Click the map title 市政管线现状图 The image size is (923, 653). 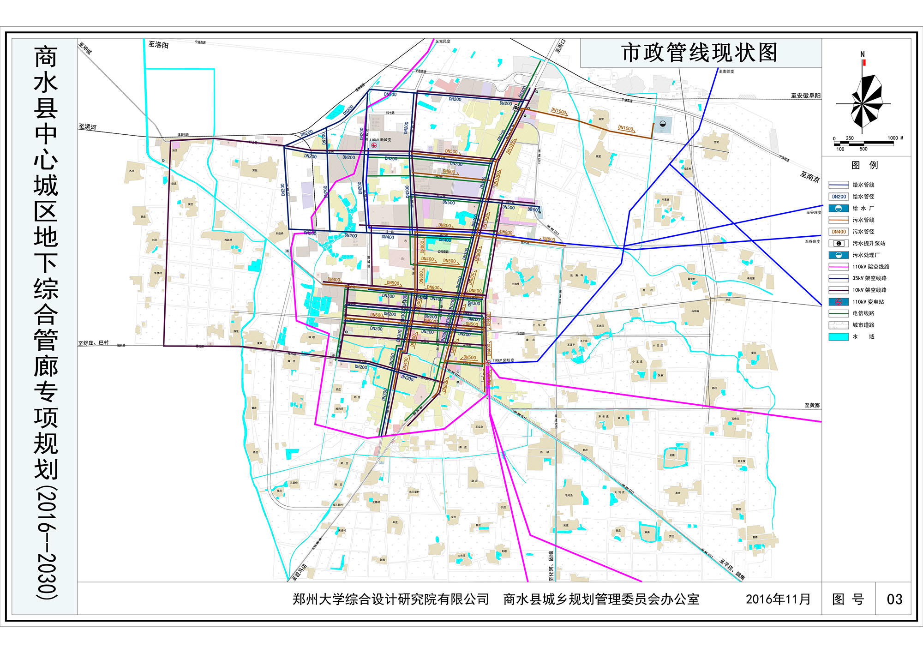pos(700,53)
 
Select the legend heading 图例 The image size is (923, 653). pos(864,165)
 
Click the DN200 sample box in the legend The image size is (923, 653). pos(839,197)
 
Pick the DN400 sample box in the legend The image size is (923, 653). pos(839,232)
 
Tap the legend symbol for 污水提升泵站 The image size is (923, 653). pos(839,243)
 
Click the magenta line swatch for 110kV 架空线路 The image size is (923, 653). pos(839,267)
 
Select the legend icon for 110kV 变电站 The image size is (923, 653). pos(839,302)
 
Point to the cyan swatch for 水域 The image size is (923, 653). pos(839,337)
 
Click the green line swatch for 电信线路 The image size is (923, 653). pos(839,313)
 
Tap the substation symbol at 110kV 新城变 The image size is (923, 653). pos(373,145)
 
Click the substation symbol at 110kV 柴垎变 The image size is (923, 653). pos(488,363)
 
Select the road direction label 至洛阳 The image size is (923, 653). pos(158,45)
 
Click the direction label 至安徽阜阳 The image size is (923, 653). pos(805,96)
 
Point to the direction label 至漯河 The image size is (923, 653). pos(87,127)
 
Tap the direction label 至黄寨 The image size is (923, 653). pos(812,405)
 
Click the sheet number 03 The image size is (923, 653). pos(894,599)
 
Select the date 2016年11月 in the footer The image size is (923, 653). pos(778,599)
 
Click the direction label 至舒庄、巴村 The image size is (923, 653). pos(93,343)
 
